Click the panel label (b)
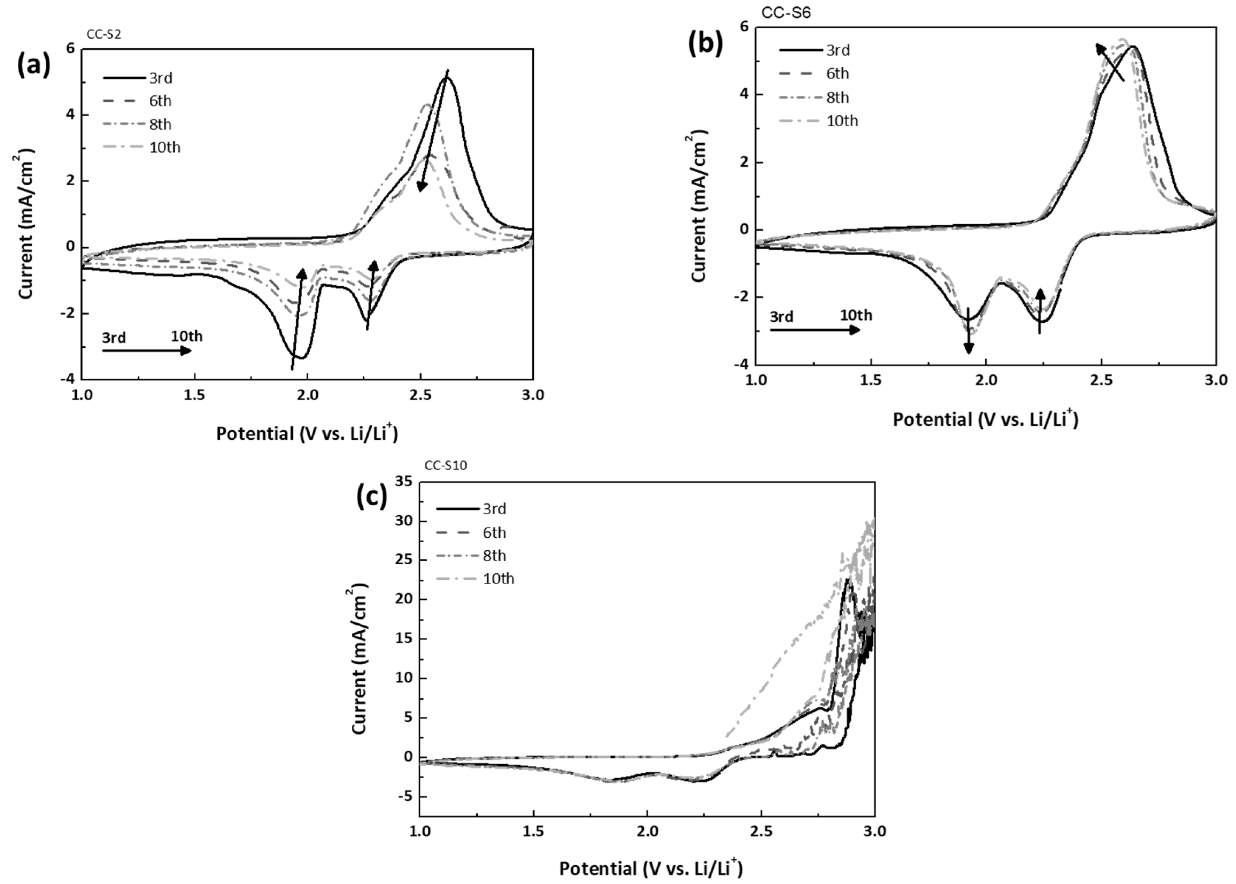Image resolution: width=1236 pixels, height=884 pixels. pyautogui.click(x=706, y=43)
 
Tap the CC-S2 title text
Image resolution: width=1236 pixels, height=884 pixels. pyautogui.click(x=104, y=34)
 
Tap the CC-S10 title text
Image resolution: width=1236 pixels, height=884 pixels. pyautogui.click(x=446, y=466)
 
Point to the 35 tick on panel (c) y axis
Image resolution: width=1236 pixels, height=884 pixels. pyautogui.click(x=405, y=482)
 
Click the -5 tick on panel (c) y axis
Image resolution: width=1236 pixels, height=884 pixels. pyautogui.click(x=406, y=796)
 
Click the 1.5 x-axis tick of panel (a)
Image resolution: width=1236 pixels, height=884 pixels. pyautogui.click(x=195, y=395)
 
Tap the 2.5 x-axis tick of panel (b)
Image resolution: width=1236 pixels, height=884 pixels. pyautogui.click(x=1101, y=380)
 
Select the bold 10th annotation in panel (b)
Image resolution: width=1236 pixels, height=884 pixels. pyautogui.click(x=856, y=315)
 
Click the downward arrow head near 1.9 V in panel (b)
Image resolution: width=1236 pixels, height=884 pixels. pyautogui.click(x=968, y=348)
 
